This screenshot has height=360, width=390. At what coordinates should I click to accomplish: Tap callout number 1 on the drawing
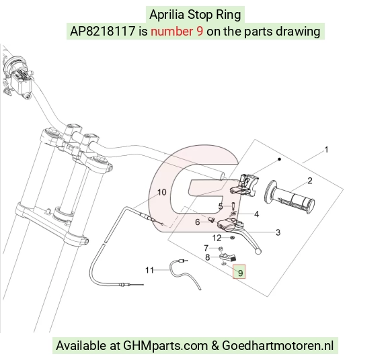point(326,150)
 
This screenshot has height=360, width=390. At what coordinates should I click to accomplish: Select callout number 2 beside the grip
point(310,181)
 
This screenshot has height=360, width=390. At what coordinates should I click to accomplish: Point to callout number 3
point(256,214)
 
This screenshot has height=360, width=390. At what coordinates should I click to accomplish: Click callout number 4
point(221,206)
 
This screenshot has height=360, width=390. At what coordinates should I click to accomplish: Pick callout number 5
point(198,222)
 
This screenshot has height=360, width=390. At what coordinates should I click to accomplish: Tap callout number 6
point(206,248)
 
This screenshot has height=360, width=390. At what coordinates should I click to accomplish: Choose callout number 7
point(207,257)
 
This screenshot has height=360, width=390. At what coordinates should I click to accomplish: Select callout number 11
point(149,270)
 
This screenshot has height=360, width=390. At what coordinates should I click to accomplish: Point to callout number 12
point(217,238)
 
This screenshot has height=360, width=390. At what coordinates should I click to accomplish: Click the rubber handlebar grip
point(290,197)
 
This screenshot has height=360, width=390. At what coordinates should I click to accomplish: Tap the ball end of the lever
point(258,252)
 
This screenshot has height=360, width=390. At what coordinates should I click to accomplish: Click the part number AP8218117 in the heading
point(102,32)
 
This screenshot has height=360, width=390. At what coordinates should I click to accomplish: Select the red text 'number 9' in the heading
point(177,32)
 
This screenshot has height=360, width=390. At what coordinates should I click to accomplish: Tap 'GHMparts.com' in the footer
point(165,346)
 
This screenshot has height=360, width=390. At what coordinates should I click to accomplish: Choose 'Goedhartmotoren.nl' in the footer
point(278,346)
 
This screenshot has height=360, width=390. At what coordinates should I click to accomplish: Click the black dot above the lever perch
point(279,159)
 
